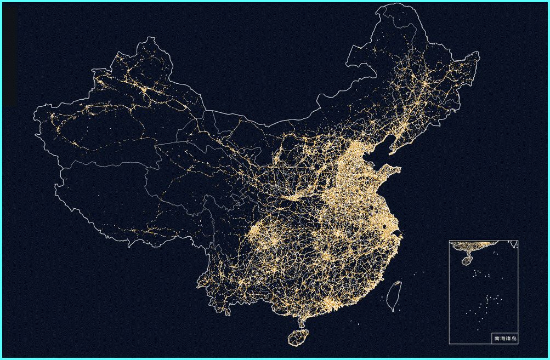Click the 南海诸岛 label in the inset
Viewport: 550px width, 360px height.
point(505,339)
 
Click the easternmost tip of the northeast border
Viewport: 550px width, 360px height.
point(479,54)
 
